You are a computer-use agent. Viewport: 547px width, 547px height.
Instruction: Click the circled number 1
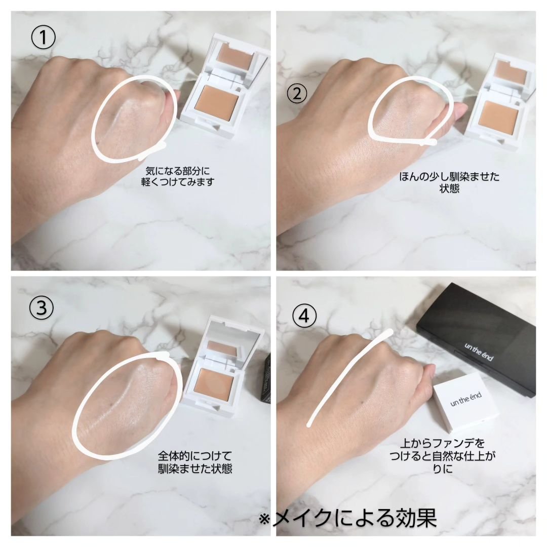point(43,37)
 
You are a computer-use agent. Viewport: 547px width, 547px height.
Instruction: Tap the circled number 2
point(297,94)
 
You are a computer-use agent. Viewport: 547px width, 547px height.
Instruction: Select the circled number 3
point(42,308)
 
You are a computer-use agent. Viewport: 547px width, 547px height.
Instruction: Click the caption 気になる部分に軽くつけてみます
point(178,177)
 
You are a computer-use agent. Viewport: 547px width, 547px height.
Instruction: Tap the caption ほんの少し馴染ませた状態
point(449,182)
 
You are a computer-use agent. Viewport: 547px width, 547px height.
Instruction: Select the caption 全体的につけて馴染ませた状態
point(195,462)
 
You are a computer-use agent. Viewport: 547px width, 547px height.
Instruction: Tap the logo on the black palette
point(479,351)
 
